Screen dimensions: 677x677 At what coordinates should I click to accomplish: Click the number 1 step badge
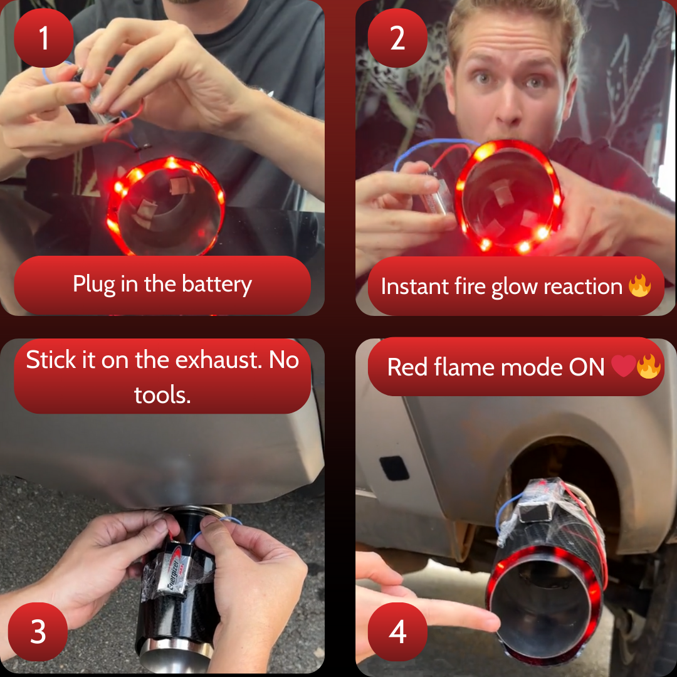pos(44,38)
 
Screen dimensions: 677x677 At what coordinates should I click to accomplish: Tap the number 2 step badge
pos(397,38)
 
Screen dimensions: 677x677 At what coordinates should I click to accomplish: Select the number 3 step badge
pos(38,632)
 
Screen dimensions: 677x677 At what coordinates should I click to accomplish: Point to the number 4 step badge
pos(397,632)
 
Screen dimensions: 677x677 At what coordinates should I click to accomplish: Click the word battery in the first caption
pos(217,285)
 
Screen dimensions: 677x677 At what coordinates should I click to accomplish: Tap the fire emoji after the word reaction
pos(639,286)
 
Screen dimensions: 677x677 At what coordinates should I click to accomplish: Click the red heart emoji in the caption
pos(624,366)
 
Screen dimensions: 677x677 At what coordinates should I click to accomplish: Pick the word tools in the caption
pos(162,395)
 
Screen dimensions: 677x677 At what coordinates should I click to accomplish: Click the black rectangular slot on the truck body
pos(394,468)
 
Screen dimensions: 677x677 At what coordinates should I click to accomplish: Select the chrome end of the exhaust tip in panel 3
pos(176,656)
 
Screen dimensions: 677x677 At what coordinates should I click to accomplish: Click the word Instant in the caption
pos(414,286)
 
